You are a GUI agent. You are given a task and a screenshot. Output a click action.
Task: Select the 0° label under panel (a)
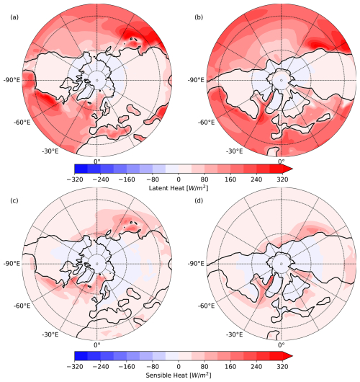click(x=96, y=161)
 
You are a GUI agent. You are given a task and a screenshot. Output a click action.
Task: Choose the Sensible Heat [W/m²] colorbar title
click(x=180, y=375)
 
